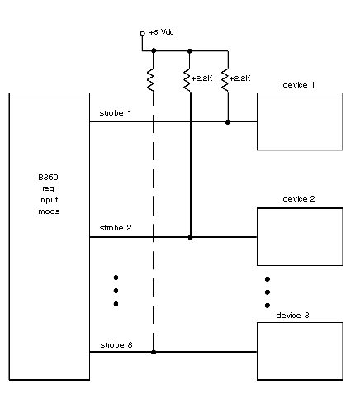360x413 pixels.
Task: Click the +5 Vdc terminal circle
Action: coord(142,33)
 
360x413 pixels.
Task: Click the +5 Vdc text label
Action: coord(161,32)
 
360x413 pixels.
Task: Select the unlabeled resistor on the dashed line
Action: coord(150,80)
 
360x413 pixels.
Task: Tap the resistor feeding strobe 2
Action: coord(187,80)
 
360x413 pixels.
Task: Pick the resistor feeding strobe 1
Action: coord(225,80)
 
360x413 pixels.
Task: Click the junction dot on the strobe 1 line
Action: coord(228,122)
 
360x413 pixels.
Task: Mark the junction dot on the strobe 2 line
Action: coord(190,237)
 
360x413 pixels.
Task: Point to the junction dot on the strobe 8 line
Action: coord(154,352)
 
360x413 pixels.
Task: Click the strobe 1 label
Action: coord(116,113)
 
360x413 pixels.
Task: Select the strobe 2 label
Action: coord(116,228)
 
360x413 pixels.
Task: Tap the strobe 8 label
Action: coord(116,345)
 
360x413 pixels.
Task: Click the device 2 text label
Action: coord(299,199)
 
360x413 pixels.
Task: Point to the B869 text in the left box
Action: coord(48,178)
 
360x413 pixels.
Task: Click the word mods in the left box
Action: coord(49,211)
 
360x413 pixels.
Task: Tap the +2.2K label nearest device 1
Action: coord(239,78)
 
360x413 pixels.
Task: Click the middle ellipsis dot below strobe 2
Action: coord(116,291)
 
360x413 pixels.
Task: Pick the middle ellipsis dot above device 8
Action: coord(268,292)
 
